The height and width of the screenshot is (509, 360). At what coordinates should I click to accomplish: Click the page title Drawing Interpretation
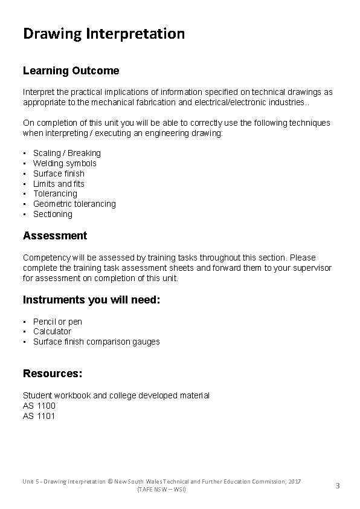point(104,34)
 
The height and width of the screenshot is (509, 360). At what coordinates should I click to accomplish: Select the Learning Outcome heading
point(71,71)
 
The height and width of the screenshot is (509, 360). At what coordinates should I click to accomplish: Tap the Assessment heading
point(55,236)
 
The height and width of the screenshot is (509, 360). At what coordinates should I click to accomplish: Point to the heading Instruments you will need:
point(92,300)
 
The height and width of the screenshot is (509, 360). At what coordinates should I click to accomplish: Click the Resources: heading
point(53,374)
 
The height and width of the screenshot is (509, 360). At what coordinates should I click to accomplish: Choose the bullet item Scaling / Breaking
point(67,153)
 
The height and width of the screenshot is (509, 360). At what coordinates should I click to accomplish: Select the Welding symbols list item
point(65,163)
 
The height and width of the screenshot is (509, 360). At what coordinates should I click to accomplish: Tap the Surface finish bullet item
point(59,173)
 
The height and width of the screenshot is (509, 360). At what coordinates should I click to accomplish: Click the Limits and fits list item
point(59,184)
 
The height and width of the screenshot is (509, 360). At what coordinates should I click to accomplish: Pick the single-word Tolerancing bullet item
point(55,193)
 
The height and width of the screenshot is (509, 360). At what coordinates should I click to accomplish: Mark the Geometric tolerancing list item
point(74,204)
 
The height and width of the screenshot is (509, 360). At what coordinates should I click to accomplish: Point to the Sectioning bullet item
point(53,214)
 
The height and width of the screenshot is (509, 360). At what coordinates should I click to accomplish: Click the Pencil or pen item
point(57,322)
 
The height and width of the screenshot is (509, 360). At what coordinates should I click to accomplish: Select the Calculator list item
point(52,331)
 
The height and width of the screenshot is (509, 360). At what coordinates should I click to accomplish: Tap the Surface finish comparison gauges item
point(97,342)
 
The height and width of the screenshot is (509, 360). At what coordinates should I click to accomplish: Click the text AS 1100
point(39,406)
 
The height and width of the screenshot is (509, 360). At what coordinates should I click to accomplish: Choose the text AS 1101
point(39,416)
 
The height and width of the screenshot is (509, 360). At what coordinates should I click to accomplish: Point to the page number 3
point(338,485)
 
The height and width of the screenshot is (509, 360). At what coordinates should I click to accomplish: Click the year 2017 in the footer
point(294,481)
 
